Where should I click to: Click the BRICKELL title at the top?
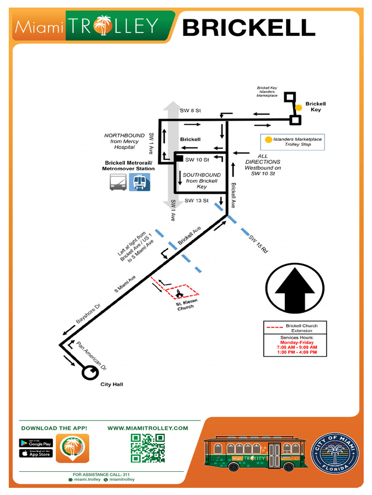point(248,28)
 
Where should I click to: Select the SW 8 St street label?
point(190,111)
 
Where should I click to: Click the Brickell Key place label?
point(315,107)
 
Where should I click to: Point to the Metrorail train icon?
point(139,182)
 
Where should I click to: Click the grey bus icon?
point(118,182)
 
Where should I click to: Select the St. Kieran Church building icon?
point(180,293)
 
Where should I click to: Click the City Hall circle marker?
point(90,373)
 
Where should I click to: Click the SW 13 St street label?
point(196,200)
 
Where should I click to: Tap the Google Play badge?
point(36,443)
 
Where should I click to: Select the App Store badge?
point(36,453)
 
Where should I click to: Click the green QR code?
point(148,448)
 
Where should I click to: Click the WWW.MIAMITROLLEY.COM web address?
point(147,428)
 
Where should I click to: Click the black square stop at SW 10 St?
point(178,158)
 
